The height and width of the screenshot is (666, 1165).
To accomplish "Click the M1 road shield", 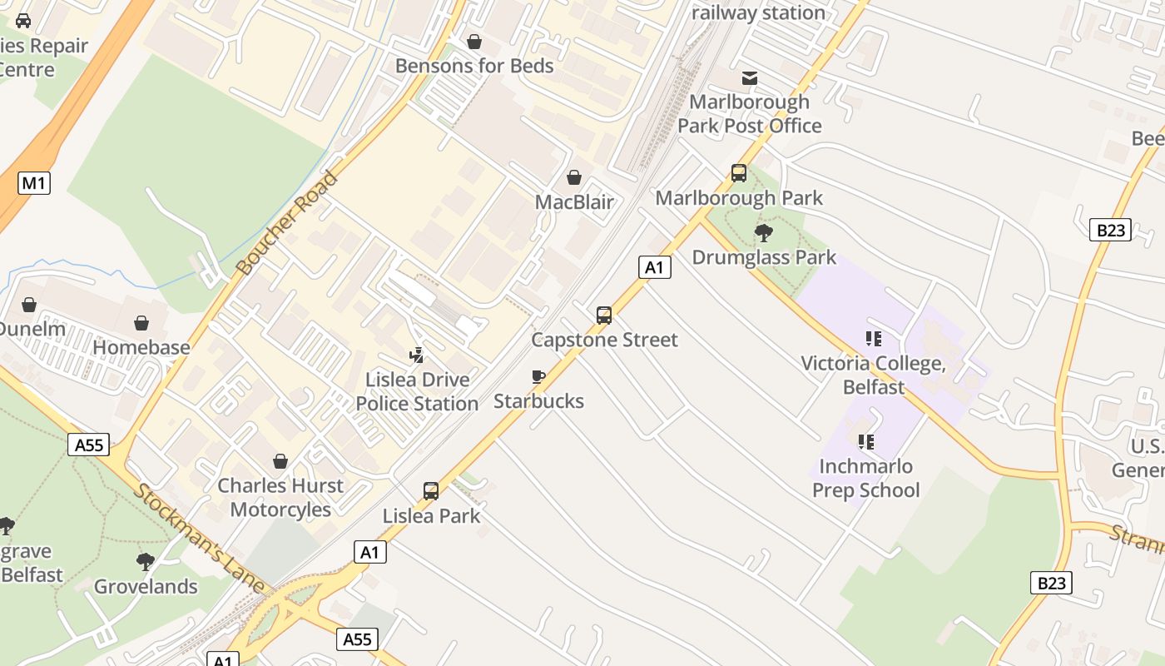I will pos(33,182).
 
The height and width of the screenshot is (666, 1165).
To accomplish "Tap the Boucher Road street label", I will pos(287,223).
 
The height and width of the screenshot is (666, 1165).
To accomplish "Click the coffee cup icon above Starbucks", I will pos(538,377).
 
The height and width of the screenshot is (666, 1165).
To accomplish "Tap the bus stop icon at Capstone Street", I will pos(604,316).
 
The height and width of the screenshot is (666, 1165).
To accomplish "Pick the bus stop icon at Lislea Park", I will pos(430,491).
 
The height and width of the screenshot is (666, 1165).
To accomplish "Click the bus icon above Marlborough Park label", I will pos(738,173).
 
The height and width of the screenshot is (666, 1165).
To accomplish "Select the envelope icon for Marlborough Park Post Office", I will pos(750,78).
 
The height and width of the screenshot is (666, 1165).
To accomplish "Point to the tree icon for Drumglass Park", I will pos(763,233).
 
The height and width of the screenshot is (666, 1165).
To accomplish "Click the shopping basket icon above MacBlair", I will pos(573,177).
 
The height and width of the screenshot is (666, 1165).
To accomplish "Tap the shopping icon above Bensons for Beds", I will pos(474,42).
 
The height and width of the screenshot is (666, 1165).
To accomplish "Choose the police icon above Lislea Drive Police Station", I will pos(417,355).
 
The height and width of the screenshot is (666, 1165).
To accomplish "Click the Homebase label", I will pos(141,347).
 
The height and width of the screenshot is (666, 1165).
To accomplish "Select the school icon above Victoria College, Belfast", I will pos(873,339).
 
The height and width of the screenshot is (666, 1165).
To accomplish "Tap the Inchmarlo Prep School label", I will pos(865,478).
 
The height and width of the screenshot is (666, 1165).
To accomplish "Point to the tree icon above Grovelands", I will pos(146,562).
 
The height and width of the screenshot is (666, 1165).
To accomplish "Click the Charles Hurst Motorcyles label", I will pos(280,497).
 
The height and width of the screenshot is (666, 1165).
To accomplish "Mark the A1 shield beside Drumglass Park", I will pos(655,266).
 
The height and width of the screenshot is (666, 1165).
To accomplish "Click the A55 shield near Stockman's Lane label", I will pos(89,445).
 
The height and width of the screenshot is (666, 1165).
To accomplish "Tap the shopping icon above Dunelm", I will pos(29,305).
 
